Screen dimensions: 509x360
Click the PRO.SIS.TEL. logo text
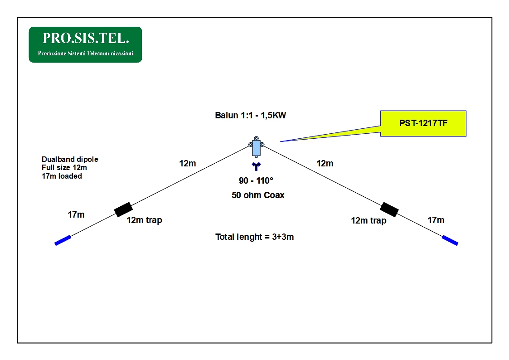[86, 38]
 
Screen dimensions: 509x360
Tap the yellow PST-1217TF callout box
[423, 123]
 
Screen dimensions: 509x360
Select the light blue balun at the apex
[256, 147]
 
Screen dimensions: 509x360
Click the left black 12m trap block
[123, 209]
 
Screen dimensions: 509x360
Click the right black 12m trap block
[389, 209]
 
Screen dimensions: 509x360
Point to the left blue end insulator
[63, 240]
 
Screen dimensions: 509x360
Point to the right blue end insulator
[450, 240]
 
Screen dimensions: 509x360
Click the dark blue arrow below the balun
[256, 166]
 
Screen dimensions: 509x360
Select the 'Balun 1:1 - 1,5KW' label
[250, 115]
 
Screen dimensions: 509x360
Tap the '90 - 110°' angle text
[256, 180]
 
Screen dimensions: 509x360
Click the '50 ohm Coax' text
[258, 195]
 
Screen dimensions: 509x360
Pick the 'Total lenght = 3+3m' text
[255, 237]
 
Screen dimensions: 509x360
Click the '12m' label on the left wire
[188, 163]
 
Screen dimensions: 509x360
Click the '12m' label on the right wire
[325, 163]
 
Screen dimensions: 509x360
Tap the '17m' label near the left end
[76, 214]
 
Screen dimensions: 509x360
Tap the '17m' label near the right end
[436, 220]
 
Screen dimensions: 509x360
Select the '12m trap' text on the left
[144, 220]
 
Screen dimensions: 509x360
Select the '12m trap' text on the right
[368, 221]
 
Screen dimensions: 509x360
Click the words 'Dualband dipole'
[70, 159]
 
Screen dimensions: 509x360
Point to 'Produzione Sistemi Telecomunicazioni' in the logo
[85, 53]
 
